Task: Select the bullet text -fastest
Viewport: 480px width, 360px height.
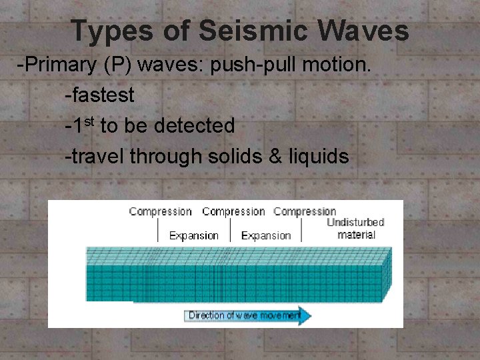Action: [99, 95]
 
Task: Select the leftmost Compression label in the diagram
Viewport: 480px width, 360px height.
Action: [161, 212]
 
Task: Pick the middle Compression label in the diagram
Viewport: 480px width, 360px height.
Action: [233, 212]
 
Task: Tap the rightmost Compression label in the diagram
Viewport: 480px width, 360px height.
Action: [305, 212]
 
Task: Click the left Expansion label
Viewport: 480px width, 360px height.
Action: [194, 235]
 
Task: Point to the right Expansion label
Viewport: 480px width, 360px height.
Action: [266, 235]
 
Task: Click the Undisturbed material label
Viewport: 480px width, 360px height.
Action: [355, 228]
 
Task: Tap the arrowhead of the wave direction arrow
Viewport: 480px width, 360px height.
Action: [304, 315]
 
